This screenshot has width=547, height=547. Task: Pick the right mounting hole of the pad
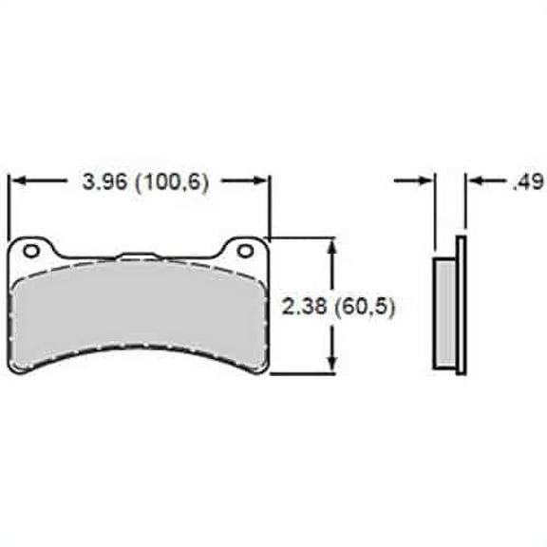point(246,251)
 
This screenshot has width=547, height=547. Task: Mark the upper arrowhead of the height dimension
point(332,246)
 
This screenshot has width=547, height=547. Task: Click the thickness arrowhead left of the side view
point(425,179)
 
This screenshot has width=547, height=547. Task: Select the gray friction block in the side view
point(445,314)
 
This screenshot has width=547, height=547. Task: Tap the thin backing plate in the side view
point(462,304)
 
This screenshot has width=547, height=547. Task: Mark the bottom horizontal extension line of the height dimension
point(304,374)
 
